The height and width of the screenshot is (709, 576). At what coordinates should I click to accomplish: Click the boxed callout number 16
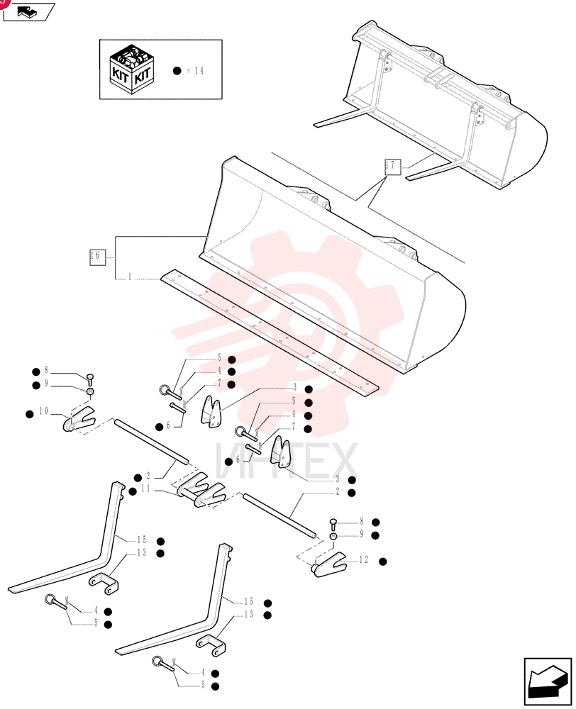[97, 257]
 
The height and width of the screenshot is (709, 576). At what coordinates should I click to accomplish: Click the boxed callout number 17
[392, 167]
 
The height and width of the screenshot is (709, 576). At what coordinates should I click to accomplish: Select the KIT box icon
[132, 69]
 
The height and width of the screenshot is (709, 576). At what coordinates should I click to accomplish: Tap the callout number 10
[43, 411]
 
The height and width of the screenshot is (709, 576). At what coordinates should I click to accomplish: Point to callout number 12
[364, 560]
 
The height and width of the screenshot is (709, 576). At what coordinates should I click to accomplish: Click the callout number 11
[145, 489]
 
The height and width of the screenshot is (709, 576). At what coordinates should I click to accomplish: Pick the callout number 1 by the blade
[130, 276]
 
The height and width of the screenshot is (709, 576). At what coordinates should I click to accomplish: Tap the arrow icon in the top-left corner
[28, 11]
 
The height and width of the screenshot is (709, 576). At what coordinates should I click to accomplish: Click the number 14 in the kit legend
[199, 70]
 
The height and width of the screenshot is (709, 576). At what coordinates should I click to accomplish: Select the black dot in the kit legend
[177, 70]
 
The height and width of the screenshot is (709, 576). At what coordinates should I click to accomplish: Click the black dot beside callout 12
[383, 562]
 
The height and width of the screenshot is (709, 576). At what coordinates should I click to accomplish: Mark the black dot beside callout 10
[30, 414]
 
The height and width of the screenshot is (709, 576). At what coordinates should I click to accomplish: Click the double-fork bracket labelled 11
[201, 490]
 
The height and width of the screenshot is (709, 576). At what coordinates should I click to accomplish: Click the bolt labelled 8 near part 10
[89, 379]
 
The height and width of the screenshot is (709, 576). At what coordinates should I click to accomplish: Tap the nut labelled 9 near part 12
[333, 536]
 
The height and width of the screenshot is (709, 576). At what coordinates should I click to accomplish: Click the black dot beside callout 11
[133, 491]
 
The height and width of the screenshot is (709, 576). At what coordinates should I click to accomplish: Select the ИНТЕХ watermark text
[287, 461]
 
